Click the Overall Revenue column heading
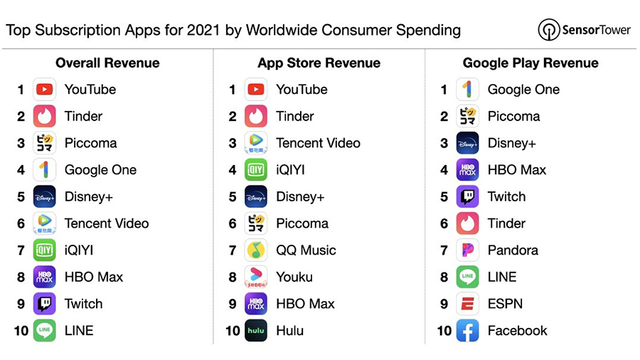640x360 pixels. point(107,63)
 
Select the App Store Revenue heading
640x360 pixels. point(319,63)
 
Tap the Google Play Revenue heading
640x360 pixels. point(530,63)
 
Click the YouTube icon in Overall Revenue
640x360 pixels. point(44,90)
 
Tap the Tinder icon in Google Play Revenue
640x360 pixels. point(467,223)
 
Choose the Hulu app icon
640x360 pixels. point(256,331)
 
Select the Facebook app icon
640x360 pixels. point(467,331)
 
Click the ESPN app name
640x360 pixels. point(505,304)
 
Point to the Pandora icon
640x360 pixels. point(467,250)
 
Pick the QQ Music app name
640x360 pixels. point(306,250)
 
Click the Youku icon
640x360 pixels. point(256,277)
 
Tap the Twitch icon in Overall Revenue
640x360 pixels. point(44,304)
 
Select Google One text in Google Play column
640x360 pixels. point(523,90)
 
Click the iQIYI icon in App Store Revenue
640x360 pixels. point(256,170)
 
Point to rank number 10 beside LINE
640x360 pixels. point(21,331)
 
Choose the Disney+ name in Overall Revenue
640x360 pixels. point(88,196)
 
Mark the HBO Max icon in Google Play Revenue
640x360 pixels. point(467,170)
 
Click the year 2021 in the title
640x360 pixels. point(203,30)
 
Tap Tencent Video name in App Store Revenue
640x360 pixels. point(318,143)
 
